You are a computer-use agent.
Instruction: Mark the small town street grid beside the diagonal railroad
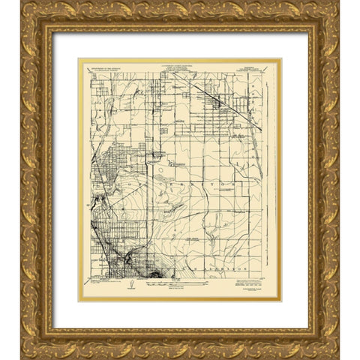point(225,109)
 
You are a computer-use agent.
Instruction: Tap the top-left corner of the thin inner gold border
point(79,59)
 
